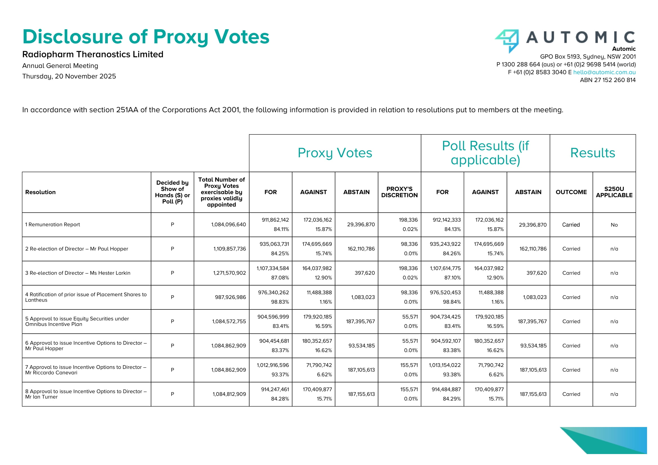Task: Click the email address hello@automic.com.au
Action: click(604, 72)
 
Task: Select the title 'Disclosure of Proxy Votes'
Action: click(146, 37)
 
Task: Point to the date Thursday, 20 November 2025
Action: click(69, 76)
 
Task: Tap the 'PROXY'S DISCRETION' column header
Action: click(399, 192)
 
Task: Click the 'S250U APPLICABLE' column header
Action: click(614, 192)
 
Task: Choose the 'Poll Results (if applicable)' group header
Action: click(485, 153)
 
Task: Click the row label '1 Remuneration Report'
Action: click(52, 224)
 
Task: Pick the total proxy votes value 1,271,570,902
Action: click(229, 273)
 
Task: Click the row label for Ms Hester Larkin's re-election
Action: click(78, 273)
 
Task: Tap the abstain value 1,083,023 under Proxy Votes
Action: click(363, 297)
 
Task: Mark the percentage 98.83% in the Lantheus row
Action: click(280, 302)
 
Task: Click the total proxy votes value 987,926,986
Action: click(230, 297)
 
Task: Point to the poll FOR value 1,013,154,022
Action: click(444, 365)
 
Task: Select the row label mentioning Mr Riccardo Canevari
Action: click(86, 370)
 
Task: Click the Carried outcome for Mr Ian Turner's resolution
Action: click(571, 394)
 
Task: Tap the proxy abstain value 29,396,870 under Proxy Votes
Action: click(361, 224)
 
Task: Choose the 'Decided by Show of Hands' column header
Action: click(172, 192)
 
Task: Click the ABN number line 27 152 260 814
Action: click(608, 80)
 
